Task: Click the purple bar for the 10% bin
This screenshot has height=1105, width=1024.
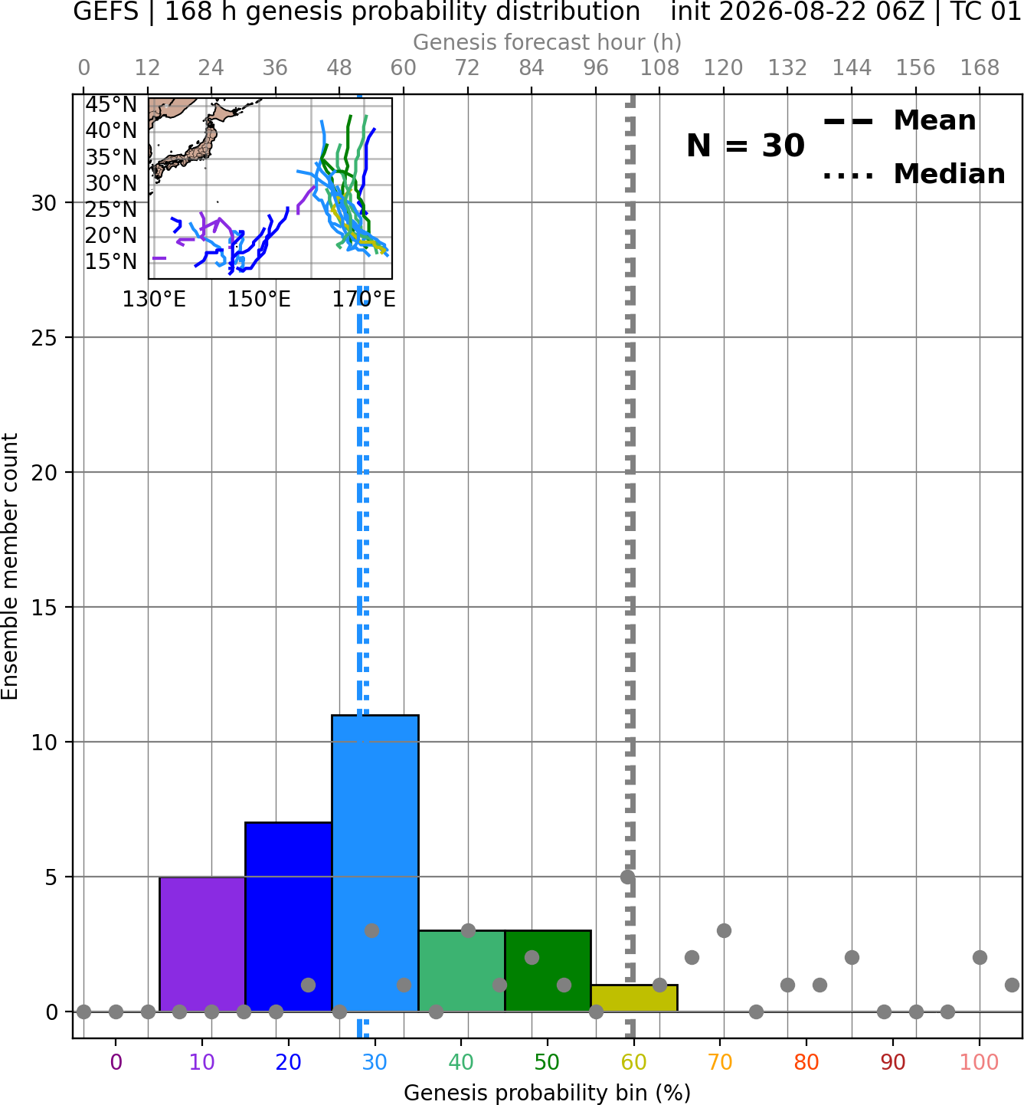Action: pos(202,944)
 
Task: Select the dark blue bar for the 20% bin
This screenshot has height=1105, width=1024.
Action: pos(289,917)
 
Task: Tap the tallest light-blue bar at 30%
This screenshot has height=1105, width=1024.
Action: pos(375,863)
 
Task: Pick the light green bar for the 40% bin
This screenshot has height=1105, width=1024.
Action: pos(462,971)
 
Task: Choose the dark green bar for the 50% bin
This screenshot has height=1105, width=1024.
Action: pos(548,971)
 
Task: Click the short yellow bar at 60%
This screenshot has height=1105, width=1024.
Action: pos(634,998)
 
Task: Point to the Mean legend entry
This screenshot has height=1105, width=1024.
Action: pos(899,121)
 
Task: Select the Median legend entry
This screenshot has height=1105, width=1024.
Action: pos(914,174)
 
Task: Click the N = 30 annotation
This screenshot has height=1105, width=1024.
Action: pos(745,146)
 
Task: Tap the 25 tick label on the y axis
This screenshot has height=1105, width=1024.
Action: pos(44,338)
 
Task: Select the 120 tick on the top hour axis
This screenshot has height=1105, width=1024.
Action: pos(724,68)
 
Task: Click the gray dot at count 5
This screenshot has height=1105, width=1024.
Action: pos(627,877)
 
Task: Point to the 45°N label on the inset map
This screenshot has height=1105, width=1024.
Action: pos(111,105)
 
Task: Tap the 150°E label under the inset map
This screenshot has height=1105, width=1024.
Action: pos(259,300)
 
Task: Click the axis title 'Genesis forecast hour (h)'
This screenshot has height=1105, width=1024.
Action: pos(548,42)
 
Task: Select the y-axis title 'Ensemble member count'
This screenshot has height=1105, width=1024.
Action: pos(10,566)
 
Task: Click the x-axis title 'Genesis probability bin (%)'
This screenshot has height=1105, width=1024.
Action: pos(548,1093)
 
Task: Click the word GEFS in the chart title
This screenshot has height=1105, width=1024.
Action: pos(106,11)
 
